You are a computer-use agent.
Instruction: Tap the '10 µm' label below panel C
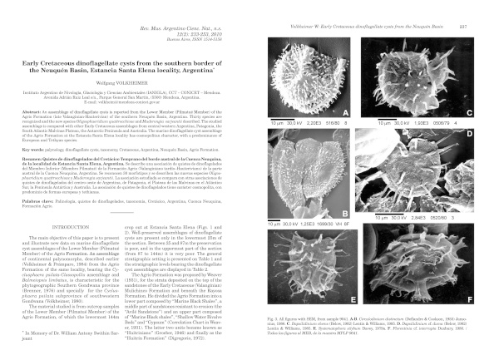(x=367, y=124)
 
